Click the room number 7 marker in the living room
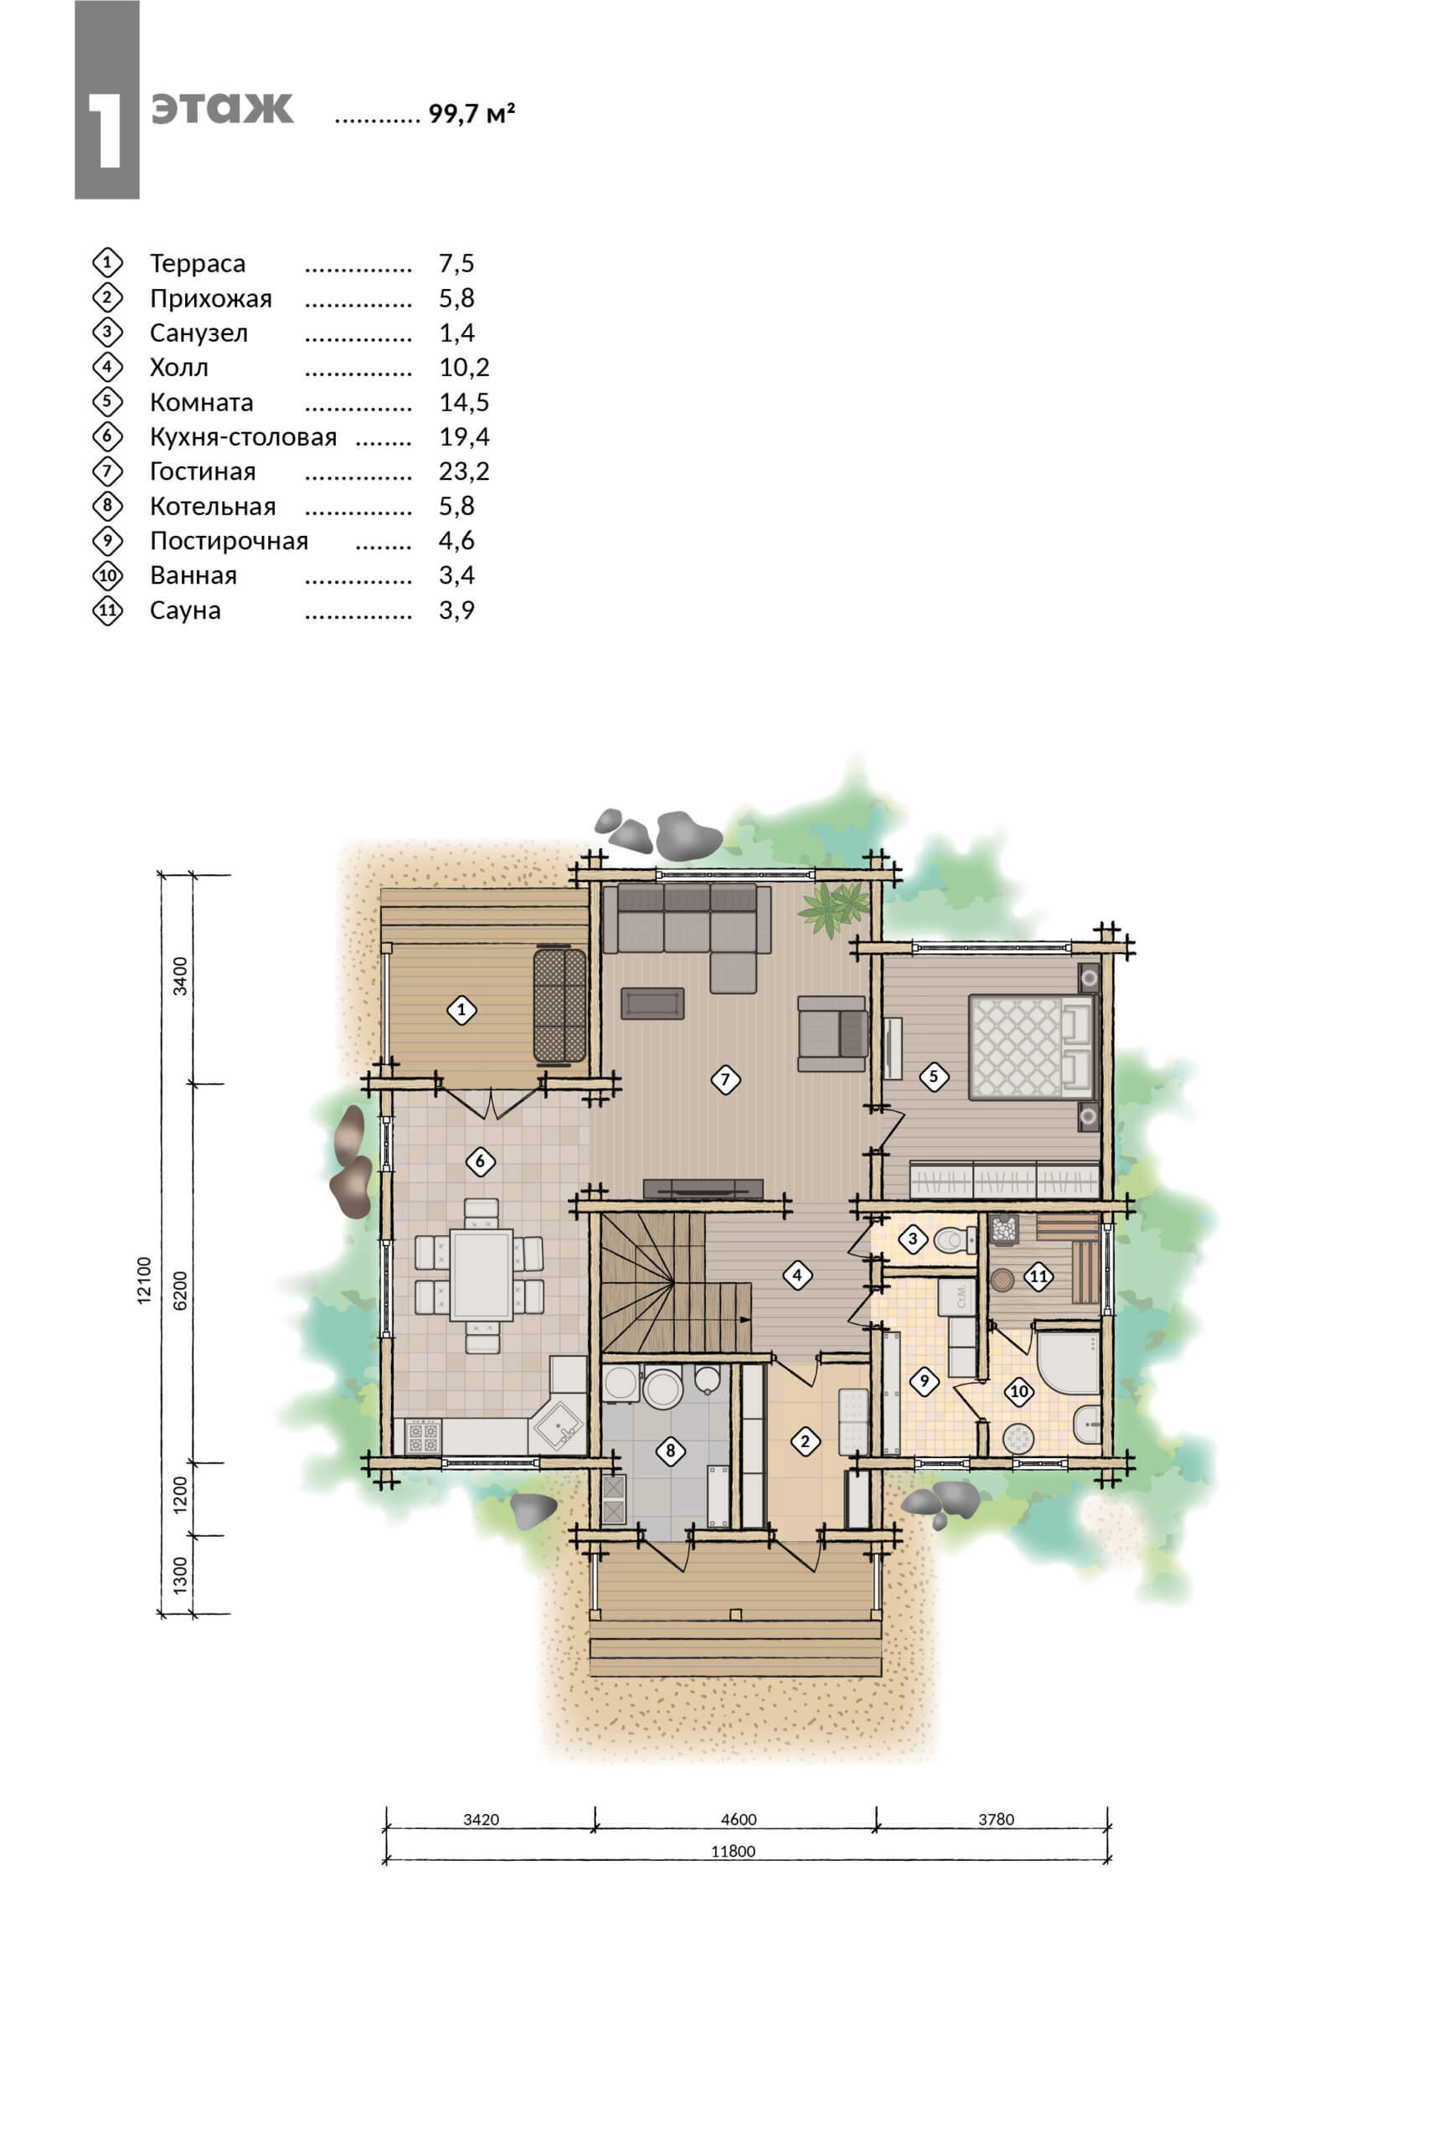(724, 1080)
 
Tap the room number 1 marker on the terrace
(461, 1010)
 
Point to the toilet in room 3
(954, 1240)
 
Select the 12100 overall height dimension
(144, 1280)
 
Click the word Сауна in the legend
(186, 611)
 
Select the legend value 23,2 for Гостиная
(464, 472)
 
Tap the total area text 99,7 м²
(472, 113)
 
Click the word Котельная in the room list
(213, 507)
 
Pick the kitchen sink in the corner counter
(559, 1425)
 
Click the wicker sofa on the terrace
(559, 1005)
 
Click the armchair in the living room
(832, 1033)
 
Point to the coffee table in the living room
(652, 1002)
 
